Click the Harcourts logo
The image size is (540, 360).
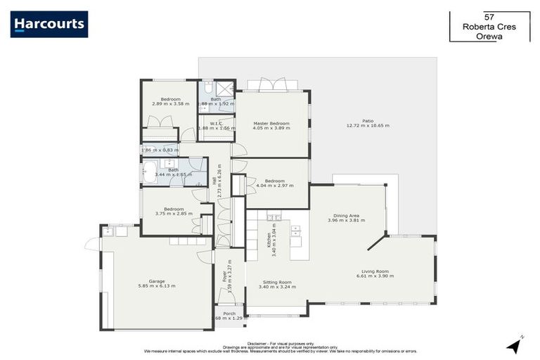click(x=49, y=25)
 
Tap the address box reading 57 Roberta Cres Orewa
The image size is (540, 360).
click(x=489, y=26)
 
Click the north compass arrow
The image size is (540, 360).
click(x=515, y=345)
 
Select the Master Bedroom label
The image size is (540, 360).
click(x=271, y=124)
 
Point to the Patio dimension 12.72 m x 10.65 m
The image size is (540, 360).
click(x=367, y=126)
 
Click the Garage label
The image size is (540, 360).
click(x=157, y=281)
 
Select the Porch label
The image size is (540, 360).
click(x=229, y=314)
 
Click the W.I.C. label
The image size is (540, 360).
click(x=209, y=122)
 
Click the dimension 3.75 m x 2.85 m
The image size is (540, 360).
click(x=174, y=214)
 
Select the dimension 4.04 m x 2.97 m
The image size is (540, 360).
click(x=274, y=186)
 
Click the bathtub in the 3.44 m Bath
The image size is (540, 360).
click(x=150, y=172)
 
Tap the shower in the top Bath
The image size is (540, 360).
click(x=224, y=89)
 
